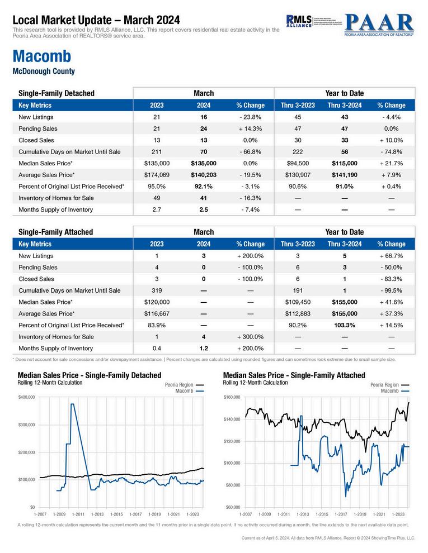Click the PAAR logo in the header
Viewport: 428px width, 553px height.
pos(379,23)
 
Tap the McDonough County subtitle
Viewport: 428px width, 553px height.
pos(43,71)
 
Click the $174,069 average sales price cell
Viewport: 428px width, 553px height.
pos(157,175)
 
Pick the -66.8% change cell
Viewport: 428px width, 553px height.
pos(250,151)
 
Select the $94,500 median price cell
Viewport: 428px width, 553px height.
pos(298,163)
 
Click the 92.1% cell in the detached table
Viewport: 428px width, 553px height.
pos(204,186)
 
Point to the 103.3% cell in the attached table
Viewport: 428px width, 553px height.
pos(345,325)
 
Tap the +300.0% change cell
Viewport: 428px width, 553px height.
pos(250,336)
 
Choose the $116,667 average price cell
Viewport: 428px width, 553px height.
pos(157,313)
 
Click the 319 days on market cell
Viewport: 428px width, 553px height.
pos(157,290)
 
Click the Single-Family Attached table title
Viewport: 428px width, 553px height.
pos(55,232)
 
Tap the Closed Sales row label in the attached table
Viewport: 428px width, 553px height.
pos(36,278)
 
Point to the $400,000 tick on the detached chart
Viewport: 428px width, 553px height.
pos(27,397)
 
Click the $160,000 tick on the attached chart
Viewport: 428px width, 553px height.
pos(232,397)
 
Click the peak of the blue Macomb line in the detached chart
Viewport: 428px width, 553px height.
pos(72,404)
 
